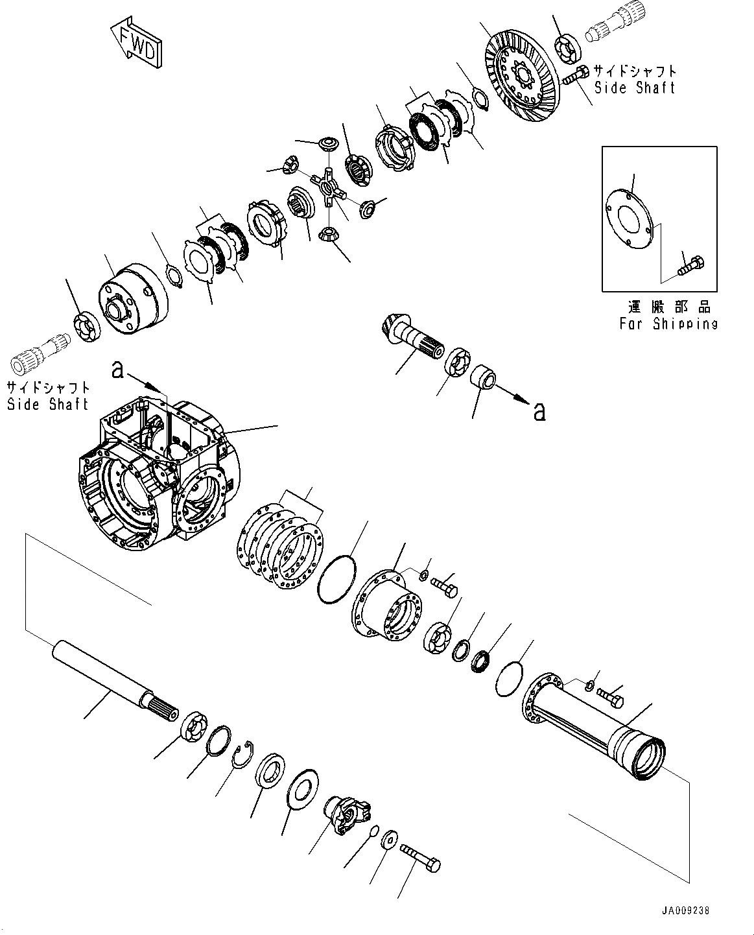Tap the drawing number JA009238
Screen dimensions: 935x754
tap(687, 911)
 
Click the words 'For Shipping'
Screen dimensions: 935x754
tap(668, 324)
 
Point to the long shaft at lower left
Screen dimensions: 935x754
tap(117, 678)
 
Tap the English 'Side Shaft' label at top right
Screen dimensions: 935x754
tap(635, 88)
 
